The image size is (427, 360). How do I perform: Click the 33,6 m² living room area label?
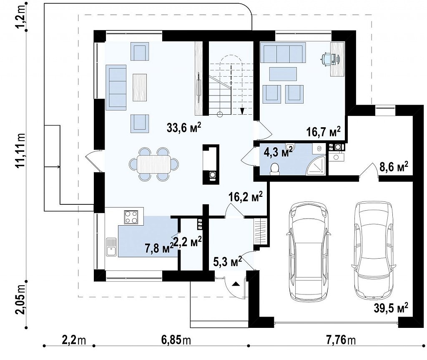click(x=184, y=127)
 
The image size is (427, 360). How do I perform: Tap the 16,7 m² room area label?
click(x=324, y=132)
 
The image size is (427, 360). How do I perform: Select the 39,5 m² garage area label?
click(x=391, y=308)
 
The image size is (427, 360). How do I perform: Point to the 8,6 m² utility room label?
click(x=394, y=166)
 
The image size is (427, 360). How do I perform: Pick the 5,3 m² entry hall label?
click(x=227, y=262)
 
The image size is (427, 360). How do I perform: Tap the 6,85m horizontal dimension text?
click(x=176, y=340)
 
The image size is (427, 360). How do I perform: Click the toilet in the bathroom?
click(x=275, y=169)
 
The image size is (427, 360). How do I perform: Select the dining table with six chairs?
click(x=154, y=164)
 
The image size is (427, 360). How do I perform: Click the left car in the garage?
click(x=309, y=251)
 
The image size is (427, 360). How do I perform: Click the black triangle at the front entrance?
click(x=236, y=284)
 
